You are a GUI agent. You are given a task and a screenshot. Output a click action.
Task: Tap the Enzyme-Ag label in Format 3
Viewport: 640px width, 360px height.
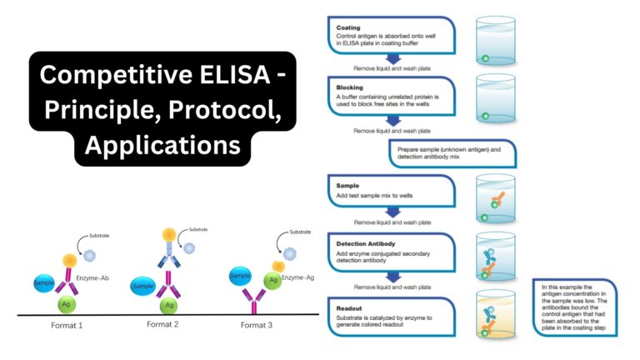click(x=298, y=277)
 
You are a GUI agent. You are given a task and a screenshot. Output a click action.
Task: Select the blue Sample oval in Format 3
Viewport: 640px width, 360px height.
click(x=240, y=276)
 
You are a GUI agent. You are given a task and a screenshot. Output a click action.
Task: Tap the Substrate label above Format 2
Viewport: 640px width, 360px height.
click(x=198, y=229)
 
